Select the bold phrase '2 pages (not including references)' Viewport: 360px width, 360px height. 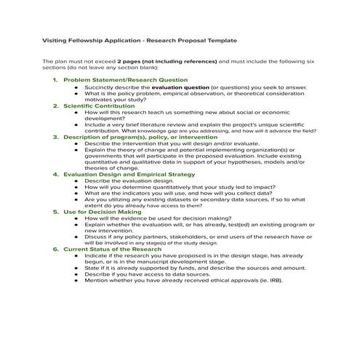click(x=167, y=62)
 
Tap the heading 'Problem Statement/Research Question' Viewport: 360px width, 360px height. click(x=125, y=79)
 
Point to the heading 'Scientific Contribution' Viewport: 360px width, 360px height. click(x=99, y=105)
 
